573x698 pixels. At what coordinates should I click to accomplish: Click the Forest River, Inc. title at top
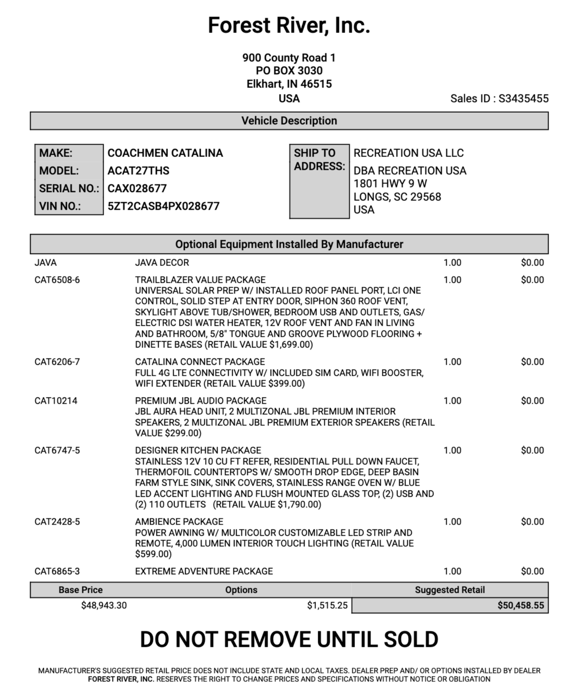point(289,25)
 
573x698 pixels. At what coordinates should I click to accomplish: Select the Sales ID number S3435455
point(523,99)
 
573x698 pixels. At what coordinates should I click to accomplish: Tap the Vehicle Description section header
point(289,121)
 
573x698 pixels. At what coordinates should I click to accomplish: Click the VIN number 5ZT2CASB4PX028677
point(163,206)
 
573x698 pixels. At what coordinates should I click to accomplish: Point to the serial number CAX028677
point(137,189)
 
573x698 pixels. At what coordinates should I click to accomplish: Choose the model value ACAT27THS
point(138,171)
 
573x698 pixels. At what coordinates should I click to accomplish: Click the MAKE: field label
point(56,153)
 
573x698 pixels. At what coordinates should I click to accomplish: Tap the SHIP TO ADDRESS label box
point(319,181)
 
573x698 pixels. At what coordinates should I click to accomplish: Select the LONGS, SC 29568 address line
point(397,197)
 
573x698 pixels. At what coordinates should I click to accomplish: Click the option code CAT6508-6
point(57,280)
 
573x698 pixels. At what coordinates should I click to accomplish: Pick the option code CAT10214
point(55,401)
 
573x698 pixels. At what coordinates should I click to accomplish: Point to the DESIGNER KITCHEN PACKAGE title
point(198,450)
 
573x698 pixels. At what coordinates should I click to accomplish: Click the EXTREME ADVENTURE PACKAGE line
point(204,571)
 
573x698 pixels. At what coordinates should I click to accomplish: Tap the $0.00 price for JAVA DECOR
point(532,263)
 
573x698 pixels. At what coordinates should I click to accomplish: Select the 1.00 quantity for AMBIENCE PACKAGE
point(452,522)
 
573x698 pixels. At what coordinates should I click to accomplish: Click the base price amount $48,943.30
point(104,605)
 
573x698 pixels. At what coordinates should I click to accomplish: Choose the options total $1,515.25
point(327,605)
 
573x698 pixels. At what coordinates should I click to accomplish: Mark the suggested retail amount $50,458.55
point(520,605)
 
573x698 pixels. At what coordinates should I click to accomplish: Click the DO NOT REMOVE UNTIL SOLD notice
point(289,639)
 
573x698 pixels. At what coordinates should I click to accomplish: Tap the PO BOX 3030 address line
point(289,71)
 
